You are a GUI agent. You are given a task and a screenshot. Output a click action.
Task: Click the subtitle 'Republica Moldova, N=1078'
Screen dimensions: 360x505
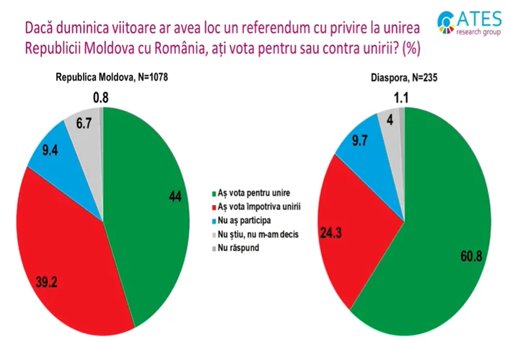tap(112, 76)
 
